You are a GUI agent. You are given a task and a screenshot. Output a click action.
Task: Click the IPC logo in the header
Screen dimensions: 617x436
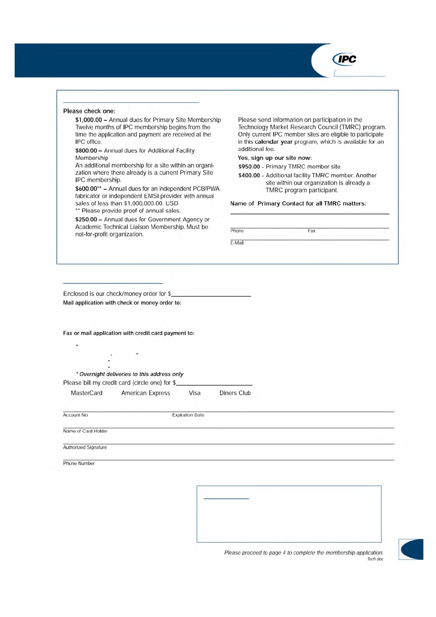[x=344, y=59]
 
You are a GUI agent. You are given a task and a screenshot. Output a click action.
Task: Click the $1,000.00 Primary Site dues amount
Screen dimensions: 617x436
[x=88, y=120]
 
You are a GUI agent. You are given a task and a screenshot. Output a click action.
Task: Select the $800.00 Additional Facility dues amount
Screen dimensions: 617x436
[x=86, y=151]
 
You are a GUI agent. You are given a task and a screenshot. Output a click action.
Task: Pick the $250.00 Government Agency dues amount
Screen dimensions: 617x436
[x=86, y=219]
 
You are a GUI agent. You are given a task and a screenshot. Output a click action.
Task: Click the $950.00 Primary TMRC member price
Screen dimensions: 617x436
[x=249, y=167]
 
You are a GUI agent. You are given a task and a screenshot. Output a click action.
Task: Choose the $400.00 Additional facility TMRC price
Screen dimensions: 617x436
[x=249, y=176]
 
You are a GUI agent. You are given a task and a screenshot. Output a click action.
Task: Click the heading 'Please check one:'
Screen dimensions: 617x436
[x=89, y=111]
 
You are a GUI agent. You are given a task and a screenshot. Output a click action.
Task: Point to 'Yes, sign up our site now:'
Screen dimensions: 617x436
[x=275, y=158]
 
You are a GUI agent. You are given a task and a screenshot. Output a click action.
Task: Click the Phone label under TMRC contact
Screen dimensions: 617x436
[x=237, y=231]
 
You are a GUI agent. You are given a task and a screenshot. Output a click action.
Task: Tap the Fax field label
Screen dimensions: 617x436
[x=312, y=231]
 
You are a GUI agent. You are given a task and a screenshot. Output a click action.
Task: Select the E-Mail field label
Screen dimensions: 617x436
[x=237, y=243]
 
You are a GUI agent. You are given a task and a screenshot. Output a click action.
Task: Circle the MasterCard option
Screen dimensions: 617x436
[x=87, y=393]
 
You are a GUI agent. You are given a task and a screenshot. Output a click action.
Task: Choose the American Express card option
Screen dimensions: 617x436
[x=146, y=393]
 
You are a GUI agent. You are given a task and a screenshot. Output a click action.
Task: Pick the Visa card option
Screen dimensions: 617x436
[x=195, y=393]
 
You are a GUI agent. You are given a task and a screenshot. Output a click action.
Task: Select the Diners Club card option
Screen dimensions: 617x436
[x=235, y=393]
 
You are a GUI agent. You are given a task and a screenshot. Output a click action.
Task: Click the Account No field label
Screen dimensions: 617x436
[x=75, y=415]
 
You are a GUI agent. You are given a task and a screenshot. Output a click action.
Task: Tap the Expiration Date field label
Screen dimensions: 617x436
[x=188, y=415]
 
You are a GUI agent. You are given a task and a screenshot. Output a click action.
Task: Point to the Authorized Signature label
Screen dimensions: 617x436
[x=85, y=447]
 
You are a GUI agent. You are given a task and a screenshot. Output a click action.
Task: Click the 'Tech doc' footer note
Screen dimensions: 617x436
[x=375, y=559]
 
